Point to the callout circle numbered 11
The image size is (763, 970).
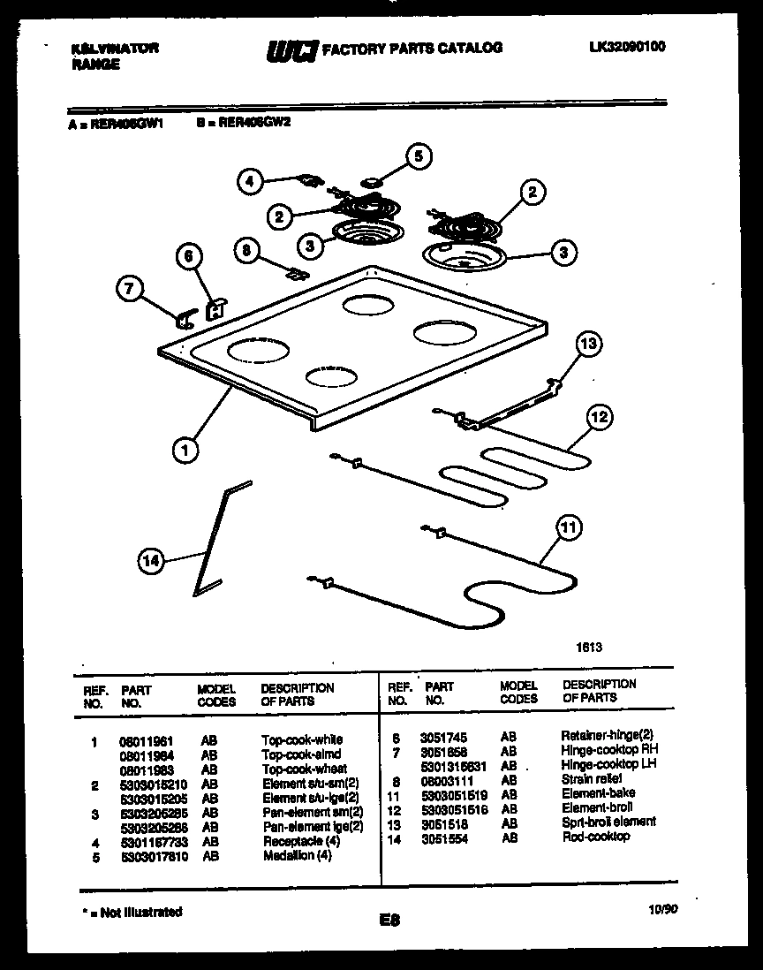(x=569, y=529)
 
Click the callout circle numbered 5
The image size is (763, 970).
(x=419, y=157)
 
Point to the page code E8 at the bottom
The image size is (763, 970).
(x=389, y=920)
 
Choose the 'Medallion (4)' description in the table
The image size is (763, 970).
(x=297, y=856)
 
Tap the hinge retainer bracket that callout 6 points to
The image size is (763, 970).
(x=214, y=308)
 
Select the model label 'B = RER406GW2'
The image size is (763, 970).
(x=245, y=124)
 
